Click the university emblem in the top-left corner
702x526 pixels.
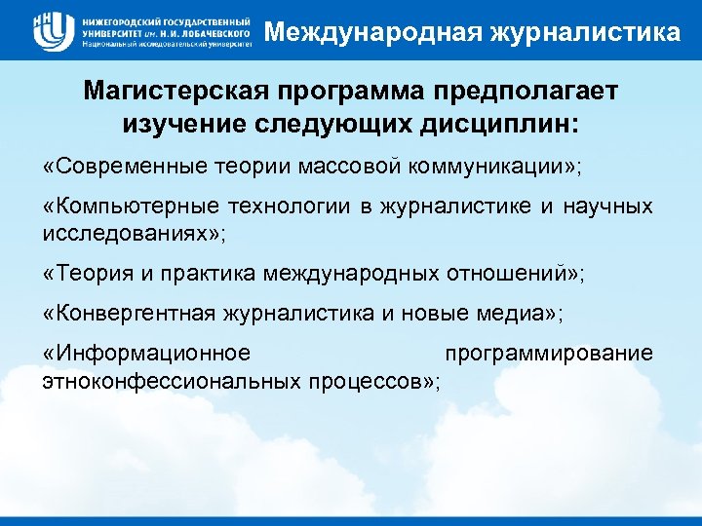pyautogui.click(x=51, y=30)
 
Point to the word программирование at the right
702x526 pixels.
pyautogui.click(x=548, y=354)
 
